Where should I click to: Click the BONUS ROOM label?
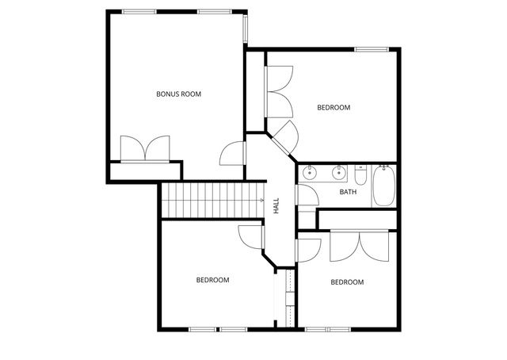pyautogui.click(x=178, y=94)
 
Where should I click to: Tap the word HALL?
pyautogui.click(x=276, y=206)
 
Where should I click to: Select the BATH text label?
pyautogui.click(x=349, y=192)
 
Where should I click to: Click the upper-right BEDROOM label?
pyautogui.click(x=334, y=107)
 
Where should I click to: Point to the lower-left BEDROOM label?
pyautogui.click(x=212, y=280)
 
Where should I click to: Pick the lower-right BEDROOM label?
pyautogui.click(x=347, y=282)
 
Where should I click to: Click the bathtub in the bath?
pyautogui.click(x=384, y=186)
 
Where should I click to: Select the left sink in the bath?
pyautogui.click(x=311, y=171)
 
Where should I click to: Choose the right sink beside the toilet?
pyautogui.click(x=339, y=171)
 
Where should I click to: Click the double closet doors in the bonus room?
pyautogui.click(x=145, y=148)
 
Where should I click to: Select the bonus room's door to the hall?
pyautogui.click(x=234, y=151)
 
